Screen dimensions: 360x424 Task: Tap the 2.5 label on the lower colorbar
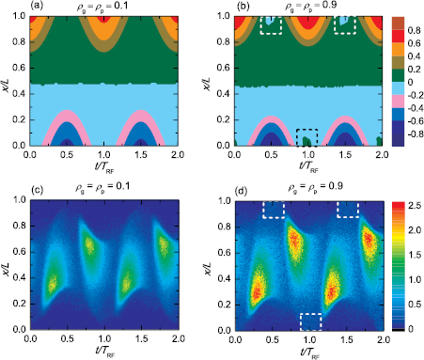pos(410,202)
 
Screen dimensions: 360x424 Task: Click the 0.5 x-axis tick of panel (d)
pos(272,342)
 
